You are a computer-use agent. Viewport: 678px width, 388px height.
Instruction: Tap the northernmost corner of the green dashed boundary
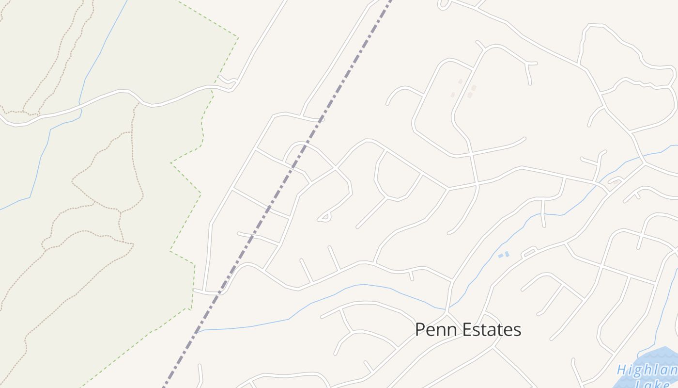(x=238, y=37)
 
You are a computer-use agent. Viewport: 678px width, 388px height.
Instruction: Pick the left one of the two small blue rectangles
(x=500, y=256)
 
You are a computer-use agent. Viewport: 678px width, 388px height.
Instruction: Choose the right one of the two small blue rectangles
(x=507, y=254)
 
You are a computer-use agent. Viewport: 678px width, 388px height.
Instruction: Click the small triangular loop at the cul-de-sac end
(x=324, y=218)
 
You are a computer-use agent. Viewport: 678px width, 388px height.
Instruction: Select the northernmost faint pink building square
(x=461, y=81)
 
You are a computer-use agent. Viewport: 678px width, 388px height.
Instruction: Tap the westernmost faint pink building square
(x=453, y=95)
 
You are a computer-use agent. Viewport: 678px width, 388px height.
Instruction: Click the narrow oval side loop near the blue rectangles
(x=529, y=252)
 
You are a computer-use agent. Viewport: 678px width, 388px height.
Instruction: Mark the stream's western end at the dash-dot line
(x=198, y=331)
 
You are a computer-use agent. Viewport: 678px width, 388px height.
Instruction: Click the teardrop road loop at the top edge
(x=443, y=5)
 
